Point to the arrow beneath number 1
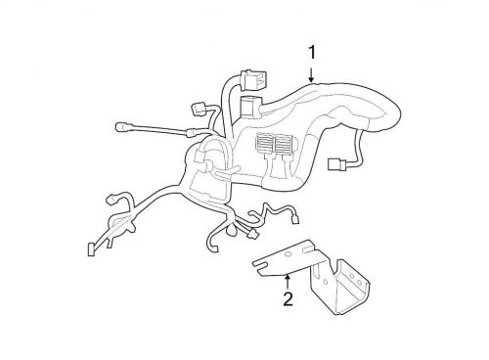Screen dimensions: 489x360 [312, 70]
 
